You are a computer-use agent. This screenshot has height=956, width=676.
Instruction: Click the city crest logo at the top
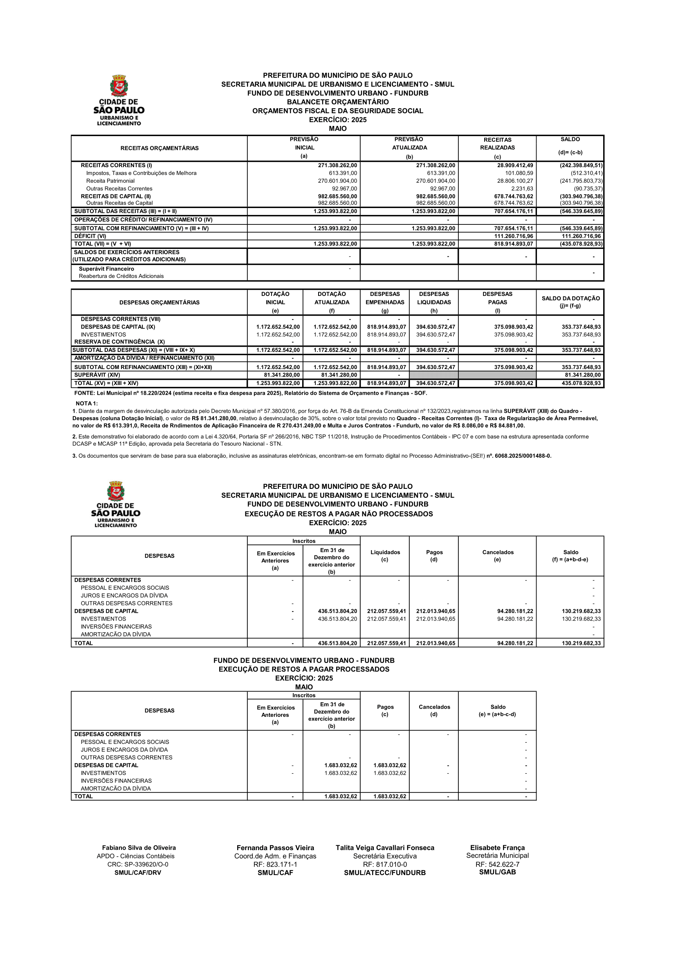pos(119,86)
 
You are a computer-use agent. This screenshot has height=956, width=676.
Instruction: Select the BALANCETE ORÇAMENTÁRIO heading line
pos(337,102)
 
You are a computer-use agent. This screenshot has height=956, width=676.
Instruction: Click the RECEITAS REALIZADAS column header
pos(497,148)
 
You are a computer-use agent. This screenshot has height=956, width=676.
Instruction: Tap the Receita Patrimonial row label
pos(110,181)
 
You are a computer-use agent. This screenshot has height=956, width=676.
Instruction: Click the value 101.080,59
pos(519,173)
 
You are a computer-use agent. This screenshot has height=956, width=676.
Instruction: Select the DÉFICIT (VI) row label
pos(90,236)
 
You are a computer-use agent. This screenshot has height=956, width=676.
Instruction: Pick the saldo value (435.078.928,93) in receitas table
pos(581,244)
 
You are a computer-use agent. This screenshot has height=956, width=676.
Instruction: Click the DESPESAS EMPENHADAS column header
pos(384,302)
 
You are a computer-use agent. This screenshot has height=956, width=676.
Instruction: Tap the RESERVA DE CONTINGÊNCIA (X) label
pos(119,342)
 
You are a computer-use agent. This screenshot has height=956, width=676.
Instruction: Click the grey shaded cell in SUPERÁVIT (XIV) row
pos(473,375)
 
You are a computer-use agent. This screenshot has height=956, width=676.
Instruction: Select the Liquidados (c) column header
pos(385,556)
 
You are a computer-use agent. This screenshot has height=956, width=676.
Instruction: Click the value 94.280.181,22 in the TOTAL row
pos(515,643)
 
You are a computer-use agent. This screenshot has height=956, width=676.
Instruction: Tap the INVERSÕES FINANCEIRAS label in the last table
pos(116,781)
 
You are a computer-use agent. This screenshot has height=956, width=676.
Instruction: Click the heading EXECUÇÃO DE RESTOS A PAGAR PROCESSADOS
pos(303,669)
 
